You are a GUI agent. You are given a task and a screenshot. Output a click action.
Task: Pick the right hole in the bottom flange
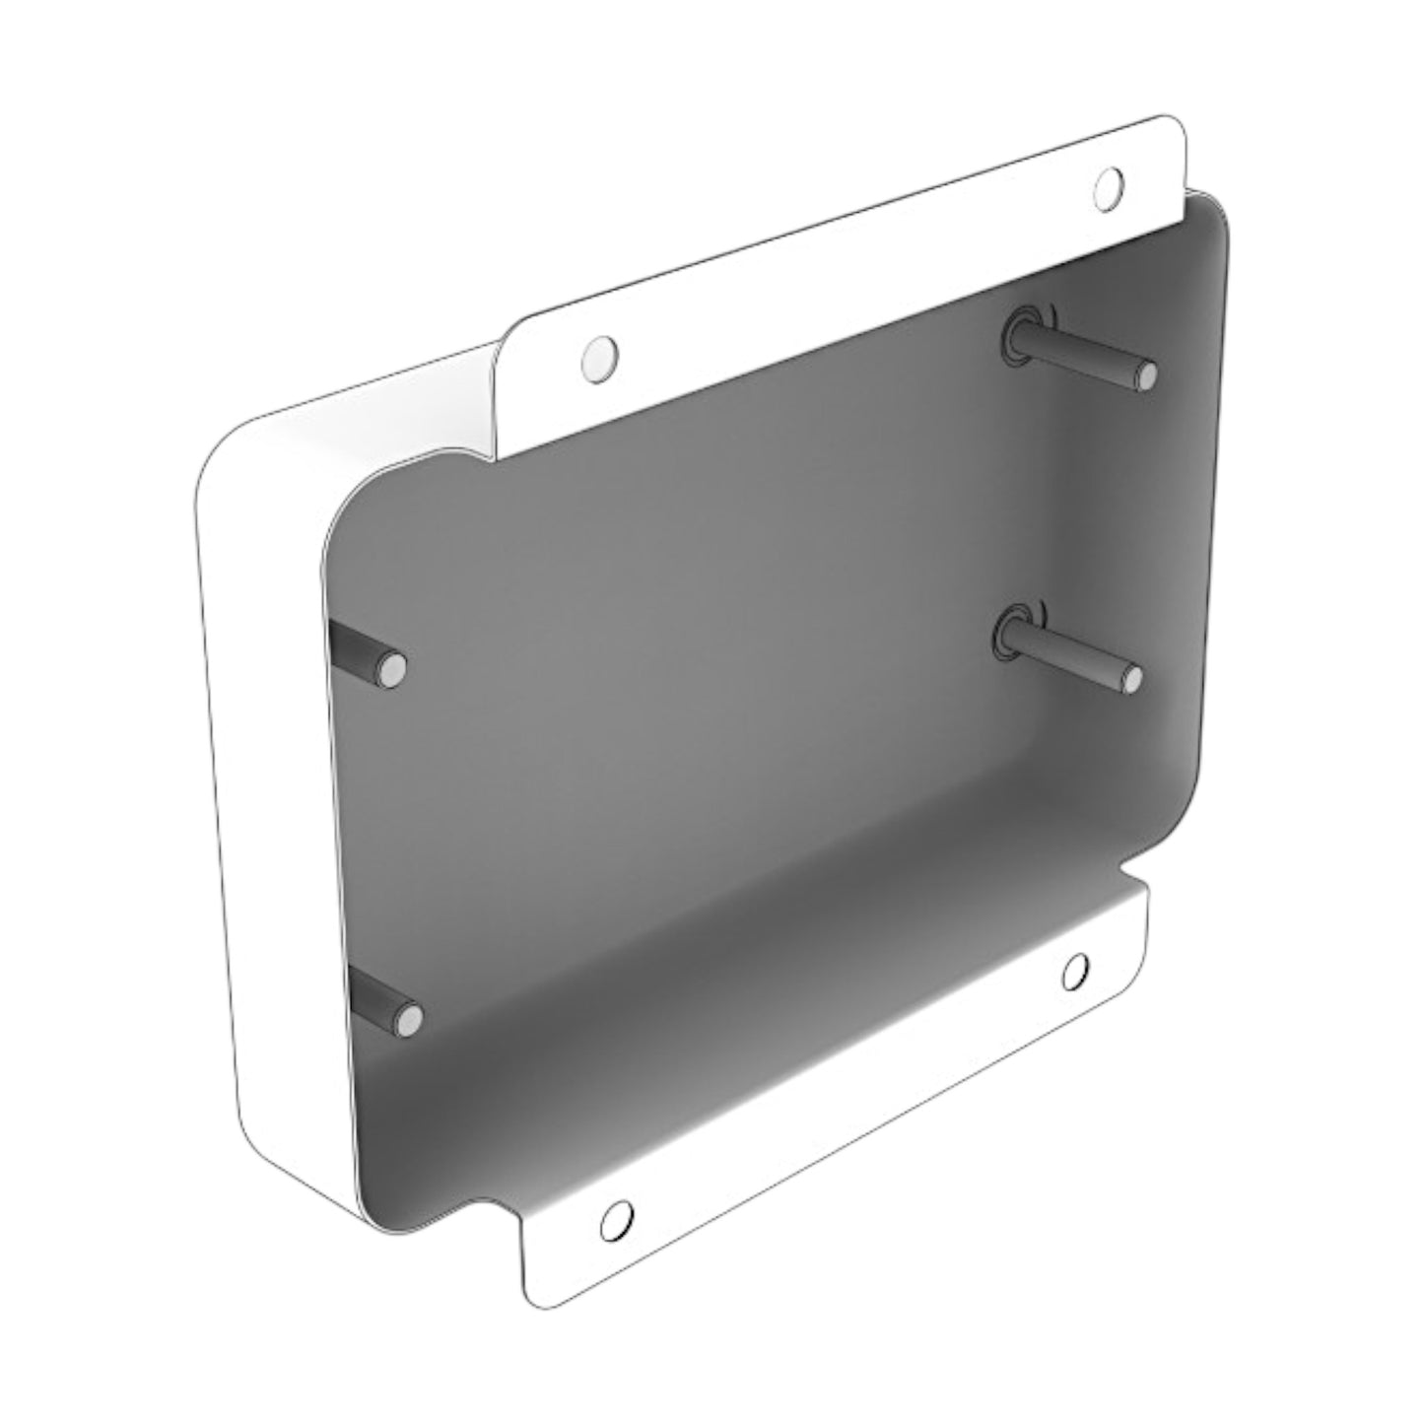pos(1076,971)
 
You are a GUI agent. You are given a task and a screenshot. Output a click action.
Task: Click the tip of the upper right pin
pos(1144,374)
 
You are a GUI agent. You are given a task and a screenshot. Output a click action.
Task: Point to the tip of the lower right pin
pos(1131,678)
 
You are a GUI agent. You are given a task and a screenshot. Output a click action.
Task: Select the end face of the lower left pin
pos(408,1018)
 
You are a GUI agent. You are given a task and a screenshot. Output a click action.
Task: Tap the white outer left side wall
pos(266,788)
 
